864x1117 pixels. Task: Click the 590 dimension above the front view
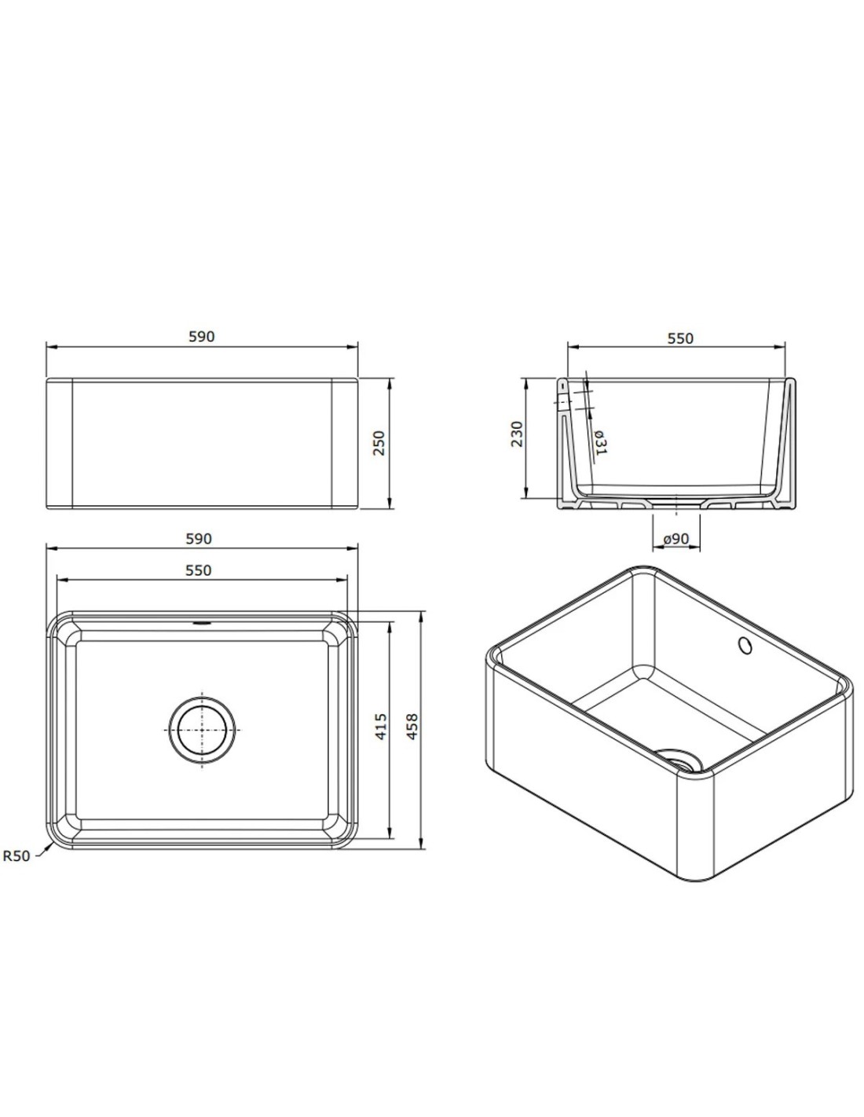[x=202, y=337]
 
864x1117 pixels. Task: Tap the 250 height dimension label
[x=379, y=442]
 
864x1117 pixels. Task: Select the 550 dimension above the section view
[x=680, y=339]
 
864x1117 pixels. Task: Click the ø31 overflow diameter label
[x=601, y=442]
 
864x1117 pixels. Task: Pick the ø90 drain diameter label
[x=675, y=539]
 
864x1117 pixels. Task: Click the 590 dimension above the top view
[x=199, y=539]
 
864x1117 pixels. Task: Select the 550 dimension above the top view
[x=199, y=570]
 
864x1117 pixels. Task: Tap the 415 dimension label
[x=381, y=727]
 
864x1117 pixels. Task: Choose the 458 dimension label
[x=412, y=727]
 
